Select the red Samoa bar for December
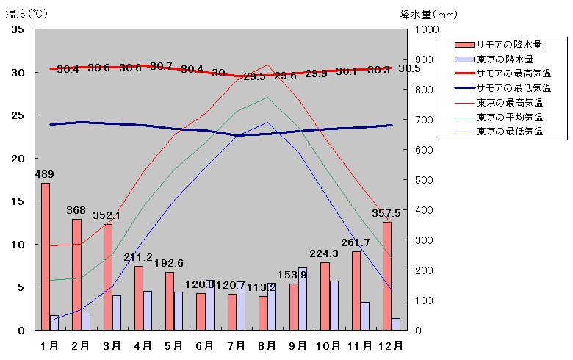pyautogui.click(x=387, y=276)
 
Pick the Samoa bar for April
pyautogui.click(x=139, y=298)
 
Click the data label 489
pyautogui.click(x=45, y=174)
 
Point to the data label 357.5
pyautogui.click(x=386, y=213)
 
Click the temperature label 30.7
pyautogui.click(x=161, y=66)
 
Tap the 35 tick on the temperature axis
pyautogui.click(x=18, y=29)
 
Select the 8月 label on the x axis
pyautogui.click(x=267, y=345)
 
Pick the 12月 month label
pyautogui.click(x=390, y=345)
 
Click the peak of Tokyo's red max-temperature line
pyautogui.click(x=268, y=65)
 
